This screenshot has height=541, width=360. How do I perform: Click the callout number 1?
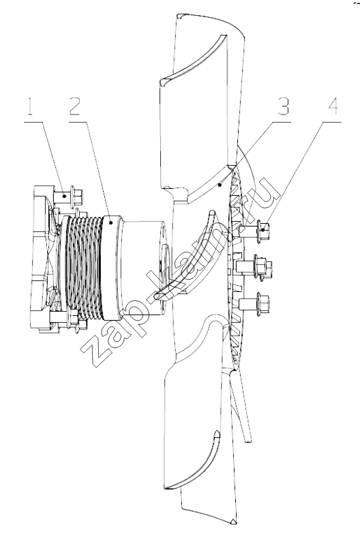pos(30,106)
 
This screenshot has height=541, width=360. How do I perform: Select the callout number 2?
pos(75,106)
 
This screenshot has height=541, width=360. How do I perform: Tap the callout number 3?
pos(283,106)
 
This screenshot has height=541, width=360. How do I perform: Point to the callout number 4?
pos(333,106)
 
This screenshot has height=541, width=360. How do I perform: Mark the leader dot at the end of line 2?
pos(110,223)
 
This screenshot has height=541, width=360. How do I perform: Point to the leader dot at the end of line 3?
pos(219,185)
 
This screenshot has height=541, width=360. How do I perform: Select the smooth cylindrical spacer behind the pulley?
pos(141,267)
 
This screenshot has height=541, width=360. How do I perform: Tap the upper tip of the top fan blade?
pos(179,16)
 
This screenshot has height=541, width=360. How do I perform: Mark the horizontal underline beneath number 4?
pos(332,122)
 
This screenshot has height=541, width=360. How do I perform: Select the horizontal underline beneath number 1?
pos(34,122)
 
